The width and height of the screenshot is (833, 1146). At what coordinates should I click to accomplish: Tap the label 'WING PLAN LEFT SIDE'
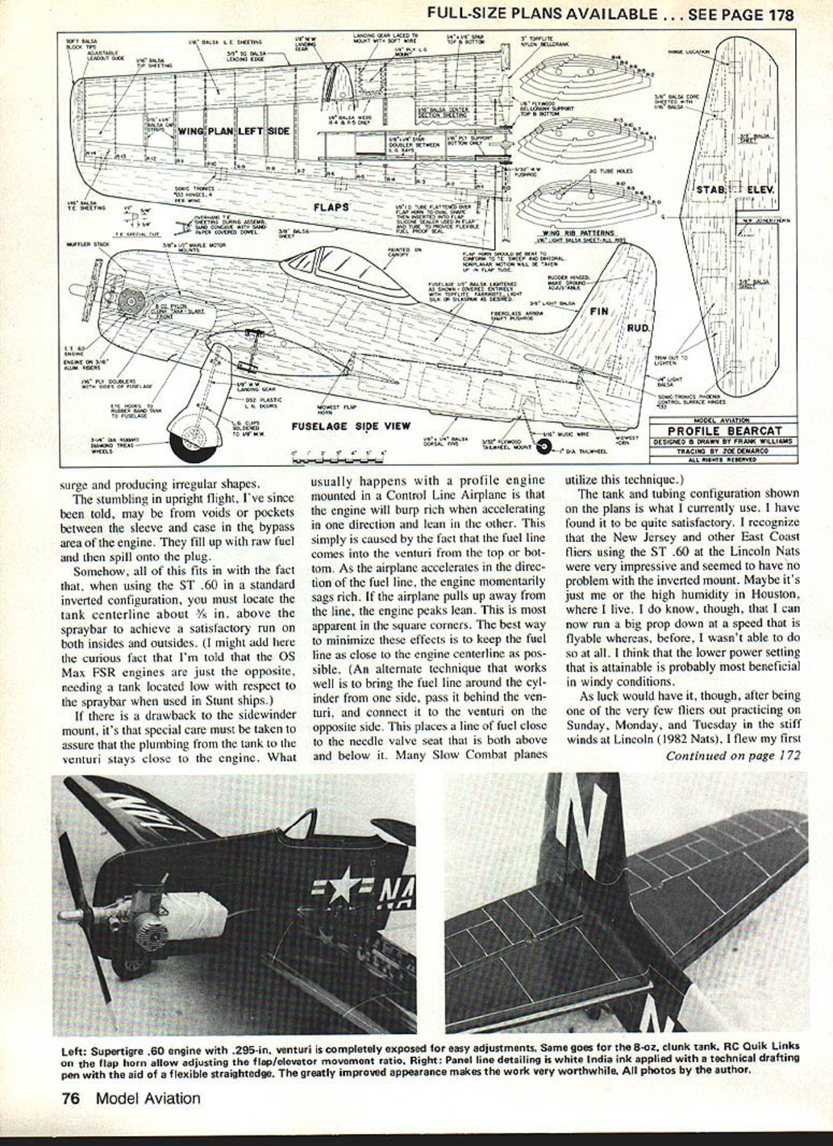click(x=233, y=131)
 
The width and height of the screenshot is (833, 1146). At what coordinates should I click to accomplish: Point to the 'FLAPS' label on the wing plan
click(x=331, y=207)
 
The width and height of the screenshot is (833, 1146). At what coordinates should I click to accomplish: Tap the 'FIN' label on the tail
click(x=599, y=310)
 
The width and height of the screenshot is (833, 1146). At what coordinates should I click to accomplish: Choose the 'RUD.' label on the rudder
click(x=639, y=328)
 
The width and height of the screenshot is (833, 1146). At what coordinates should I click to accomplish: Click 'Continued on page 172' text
click(x=732, y=756)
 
